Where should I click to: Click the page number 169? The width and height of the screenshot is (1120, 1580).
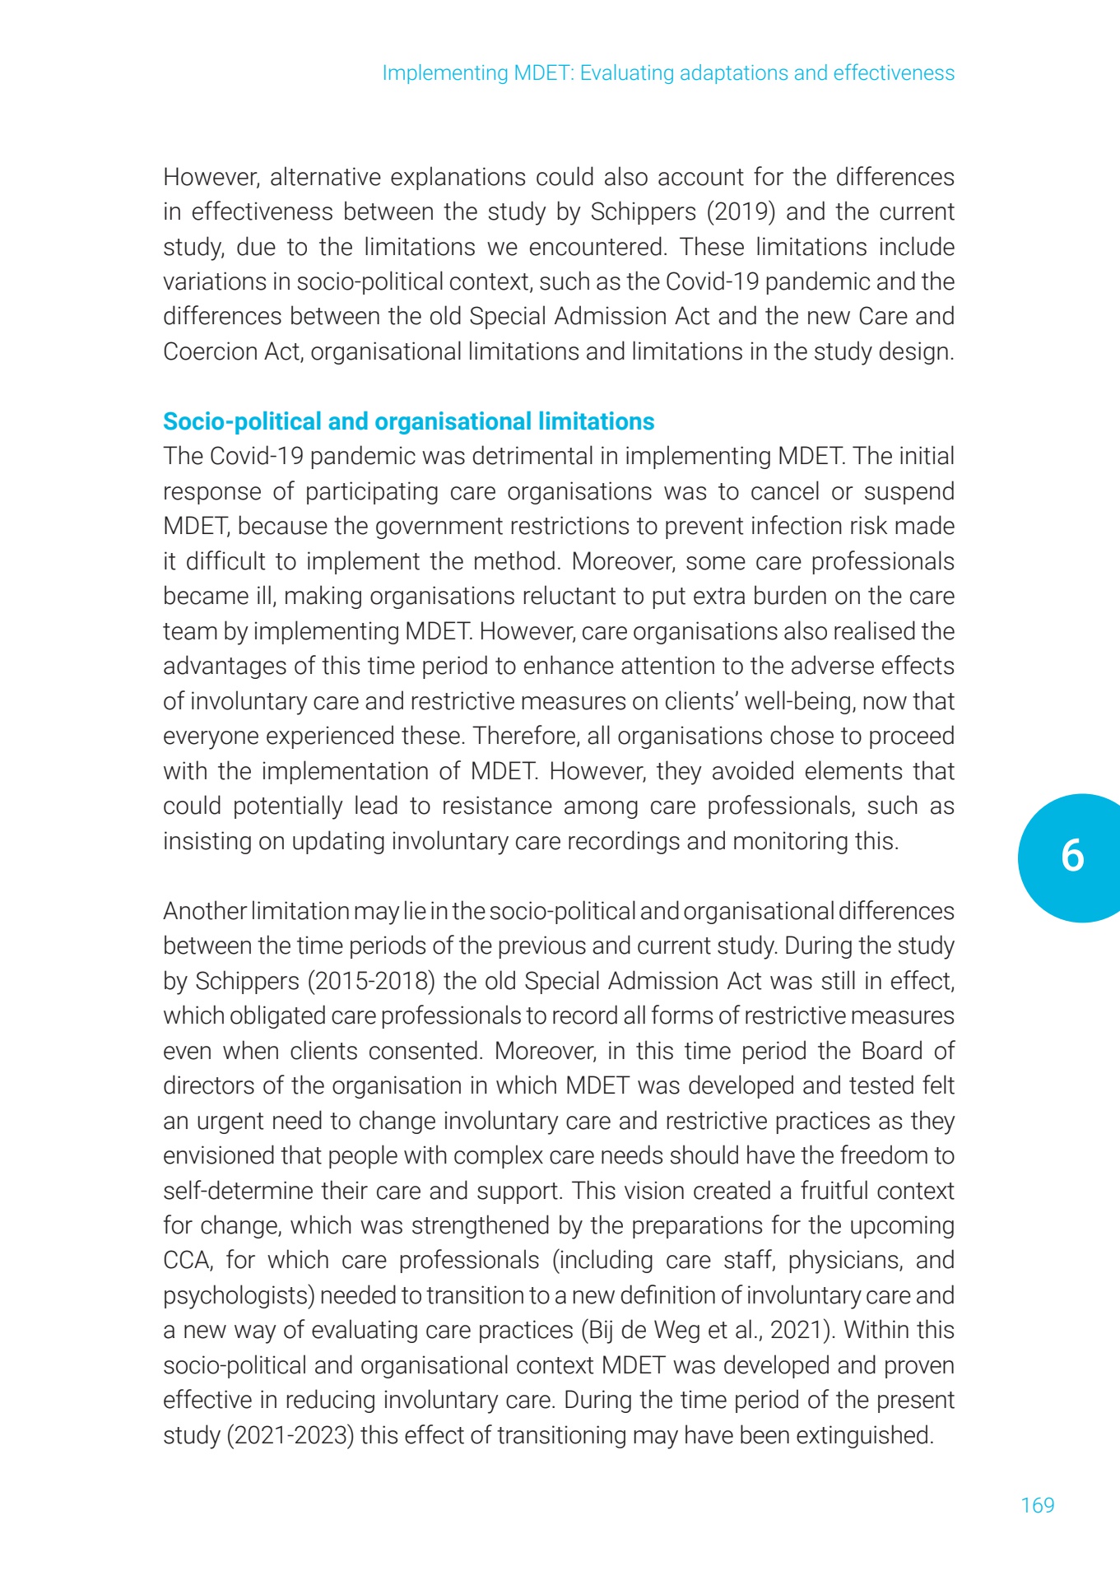(1037, 1505)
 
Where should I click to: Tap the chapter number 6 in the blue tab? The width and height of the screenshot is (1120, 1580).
(1072, 856)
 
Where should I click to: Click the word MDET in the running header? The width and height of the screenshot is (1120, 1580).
(541, 73)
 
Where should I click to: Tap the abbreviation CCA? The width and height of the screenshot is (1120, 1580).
(188, 1260)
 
